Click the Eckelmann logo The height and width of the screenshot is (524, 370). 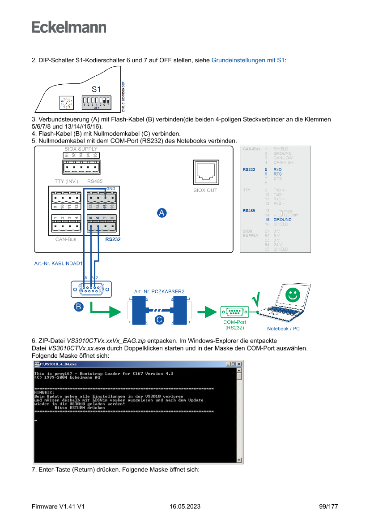(x=69, y=27)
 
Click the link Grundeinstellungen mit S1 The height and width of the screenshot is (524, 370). (x=248, y=60)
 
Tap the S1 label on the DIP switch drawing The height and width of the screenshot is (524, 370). (x=96, y=89)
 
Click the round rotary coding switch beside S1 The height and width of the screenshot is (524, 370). (x=67, y=103)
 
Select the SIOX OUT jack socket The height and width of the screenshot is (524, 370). (x=205, y=172)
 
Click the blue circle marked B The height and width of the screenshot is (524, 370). (x=78, y=307)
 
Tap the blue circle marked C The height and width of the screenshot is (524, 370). (x=159, y=320)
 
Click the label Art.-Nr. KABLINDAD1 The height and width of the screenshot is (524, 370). (x=58, y=264)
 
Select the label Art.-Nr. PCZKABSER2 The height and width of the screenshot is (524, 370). (x=159, y=291)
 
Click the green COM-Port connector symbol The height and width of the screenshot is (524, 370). (x=234, y=312)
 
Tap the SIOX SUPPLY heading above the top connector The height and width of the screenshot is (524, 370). (x=81, y=149)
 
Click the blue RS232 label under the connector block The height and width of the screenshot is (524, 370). (x=113, y=239)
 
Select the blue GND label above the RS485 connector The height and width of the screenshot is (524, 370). (x=111, y=189)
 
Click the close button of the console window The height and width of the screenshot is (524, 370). (x=239, y=364)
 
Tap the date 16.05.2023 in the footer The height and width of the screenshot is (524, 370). (x=185, y=507)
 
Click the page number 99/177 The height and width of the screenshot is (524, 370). (x=328, y=507)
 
